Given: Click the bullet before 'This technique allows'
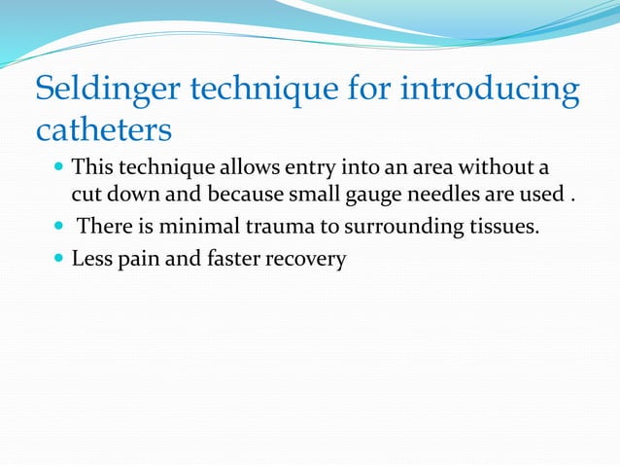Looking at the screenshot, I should tap(59, 166).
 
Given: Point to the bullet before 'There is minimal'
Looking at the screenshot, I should tap(59, 228).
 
